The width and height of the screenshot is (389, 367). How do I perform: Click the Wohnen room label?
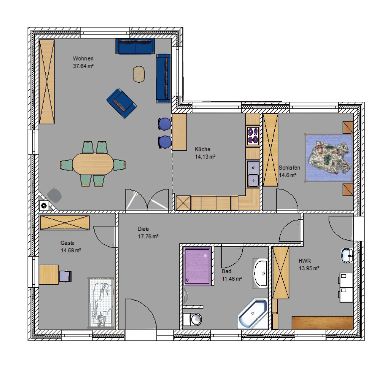pyautogui.click(x=83, y=59)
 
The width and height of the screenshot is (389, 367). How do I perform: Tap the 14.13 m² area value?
pyautogui.click(x=205, y=157)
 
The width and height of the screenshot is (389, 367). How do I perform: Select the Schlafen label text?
pyautogui.click(x=289, y=168)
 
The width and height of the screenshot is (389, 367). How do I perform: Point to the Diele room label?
pyautogui.click(x=143, y=229)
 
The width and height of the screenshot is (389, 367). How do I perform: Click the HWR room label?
pyautogui.click(x=305, y=261)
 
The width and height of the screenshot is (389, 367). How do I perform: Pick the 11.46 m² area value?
pyautogui.click(x=232, y=279)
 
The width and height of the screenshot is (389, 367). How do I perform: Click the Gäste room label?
pyautogui.click(x=68, y=243)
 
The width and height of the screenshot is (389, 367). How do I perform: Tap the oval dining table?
pyautogui.click(x=93, y=164)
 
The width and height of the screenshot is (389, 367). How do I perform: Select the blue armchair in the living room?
pyautogui.click(x=122, y=103)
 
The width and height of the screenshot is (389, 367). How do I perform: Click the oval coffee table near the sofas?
pyautogui.click(x=139, y=74)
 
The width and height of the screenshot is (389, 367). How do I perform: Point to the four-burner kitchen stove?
pyautogui.click(x=253, y=135)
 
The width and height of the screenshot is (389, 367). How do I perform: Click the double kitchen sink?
pyautogui.click(x=253, y=174)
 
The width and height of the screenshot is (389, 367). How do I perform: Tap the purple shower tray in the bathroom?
pyautogui.click(x=198, y=266)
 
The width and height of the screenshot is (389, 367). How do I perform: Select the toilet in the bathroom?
pyautogui.click(x=193, y=319)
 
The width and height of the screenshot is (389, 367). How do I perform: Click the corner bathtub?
pyautogui.click(x=253, y=314)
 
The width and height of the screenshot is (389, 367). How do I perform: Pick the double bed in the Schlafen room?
pyautogui.click(x=329, y=158)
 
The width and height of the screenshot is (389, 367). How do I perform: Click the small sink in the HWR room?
pyautogui.click(x=347, y=255)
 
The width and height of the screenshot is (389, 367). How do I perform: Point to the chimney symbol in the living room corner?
pyautogui.click(x=44, y=205)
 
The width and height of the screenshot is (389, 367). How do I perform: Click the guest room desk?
pyautogui.click(x=49, y=274)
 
